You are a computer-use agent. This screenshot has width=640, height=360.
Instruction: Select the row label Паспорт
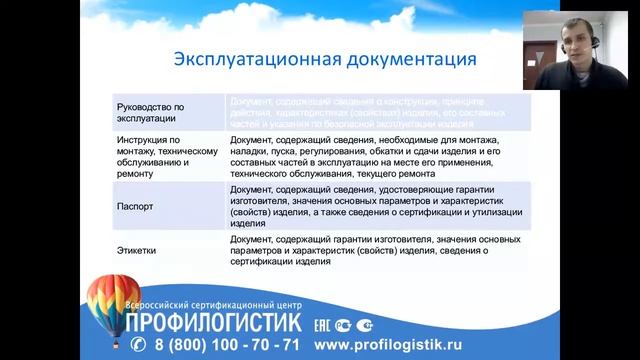[x=138, y=204]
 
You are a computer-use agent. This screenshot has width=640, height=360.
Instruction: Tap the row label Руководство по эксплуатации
[x=153, y=110]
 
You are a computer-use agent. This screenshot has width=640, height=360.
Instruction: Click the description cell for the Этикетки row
[x=365, y=253]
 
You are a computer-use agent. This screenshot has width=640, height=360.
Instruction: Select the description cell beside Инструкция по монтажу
[x=365, y=156]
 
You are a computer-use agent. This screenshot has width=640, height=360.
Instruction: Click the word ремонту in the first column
[x=136, y=174]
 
